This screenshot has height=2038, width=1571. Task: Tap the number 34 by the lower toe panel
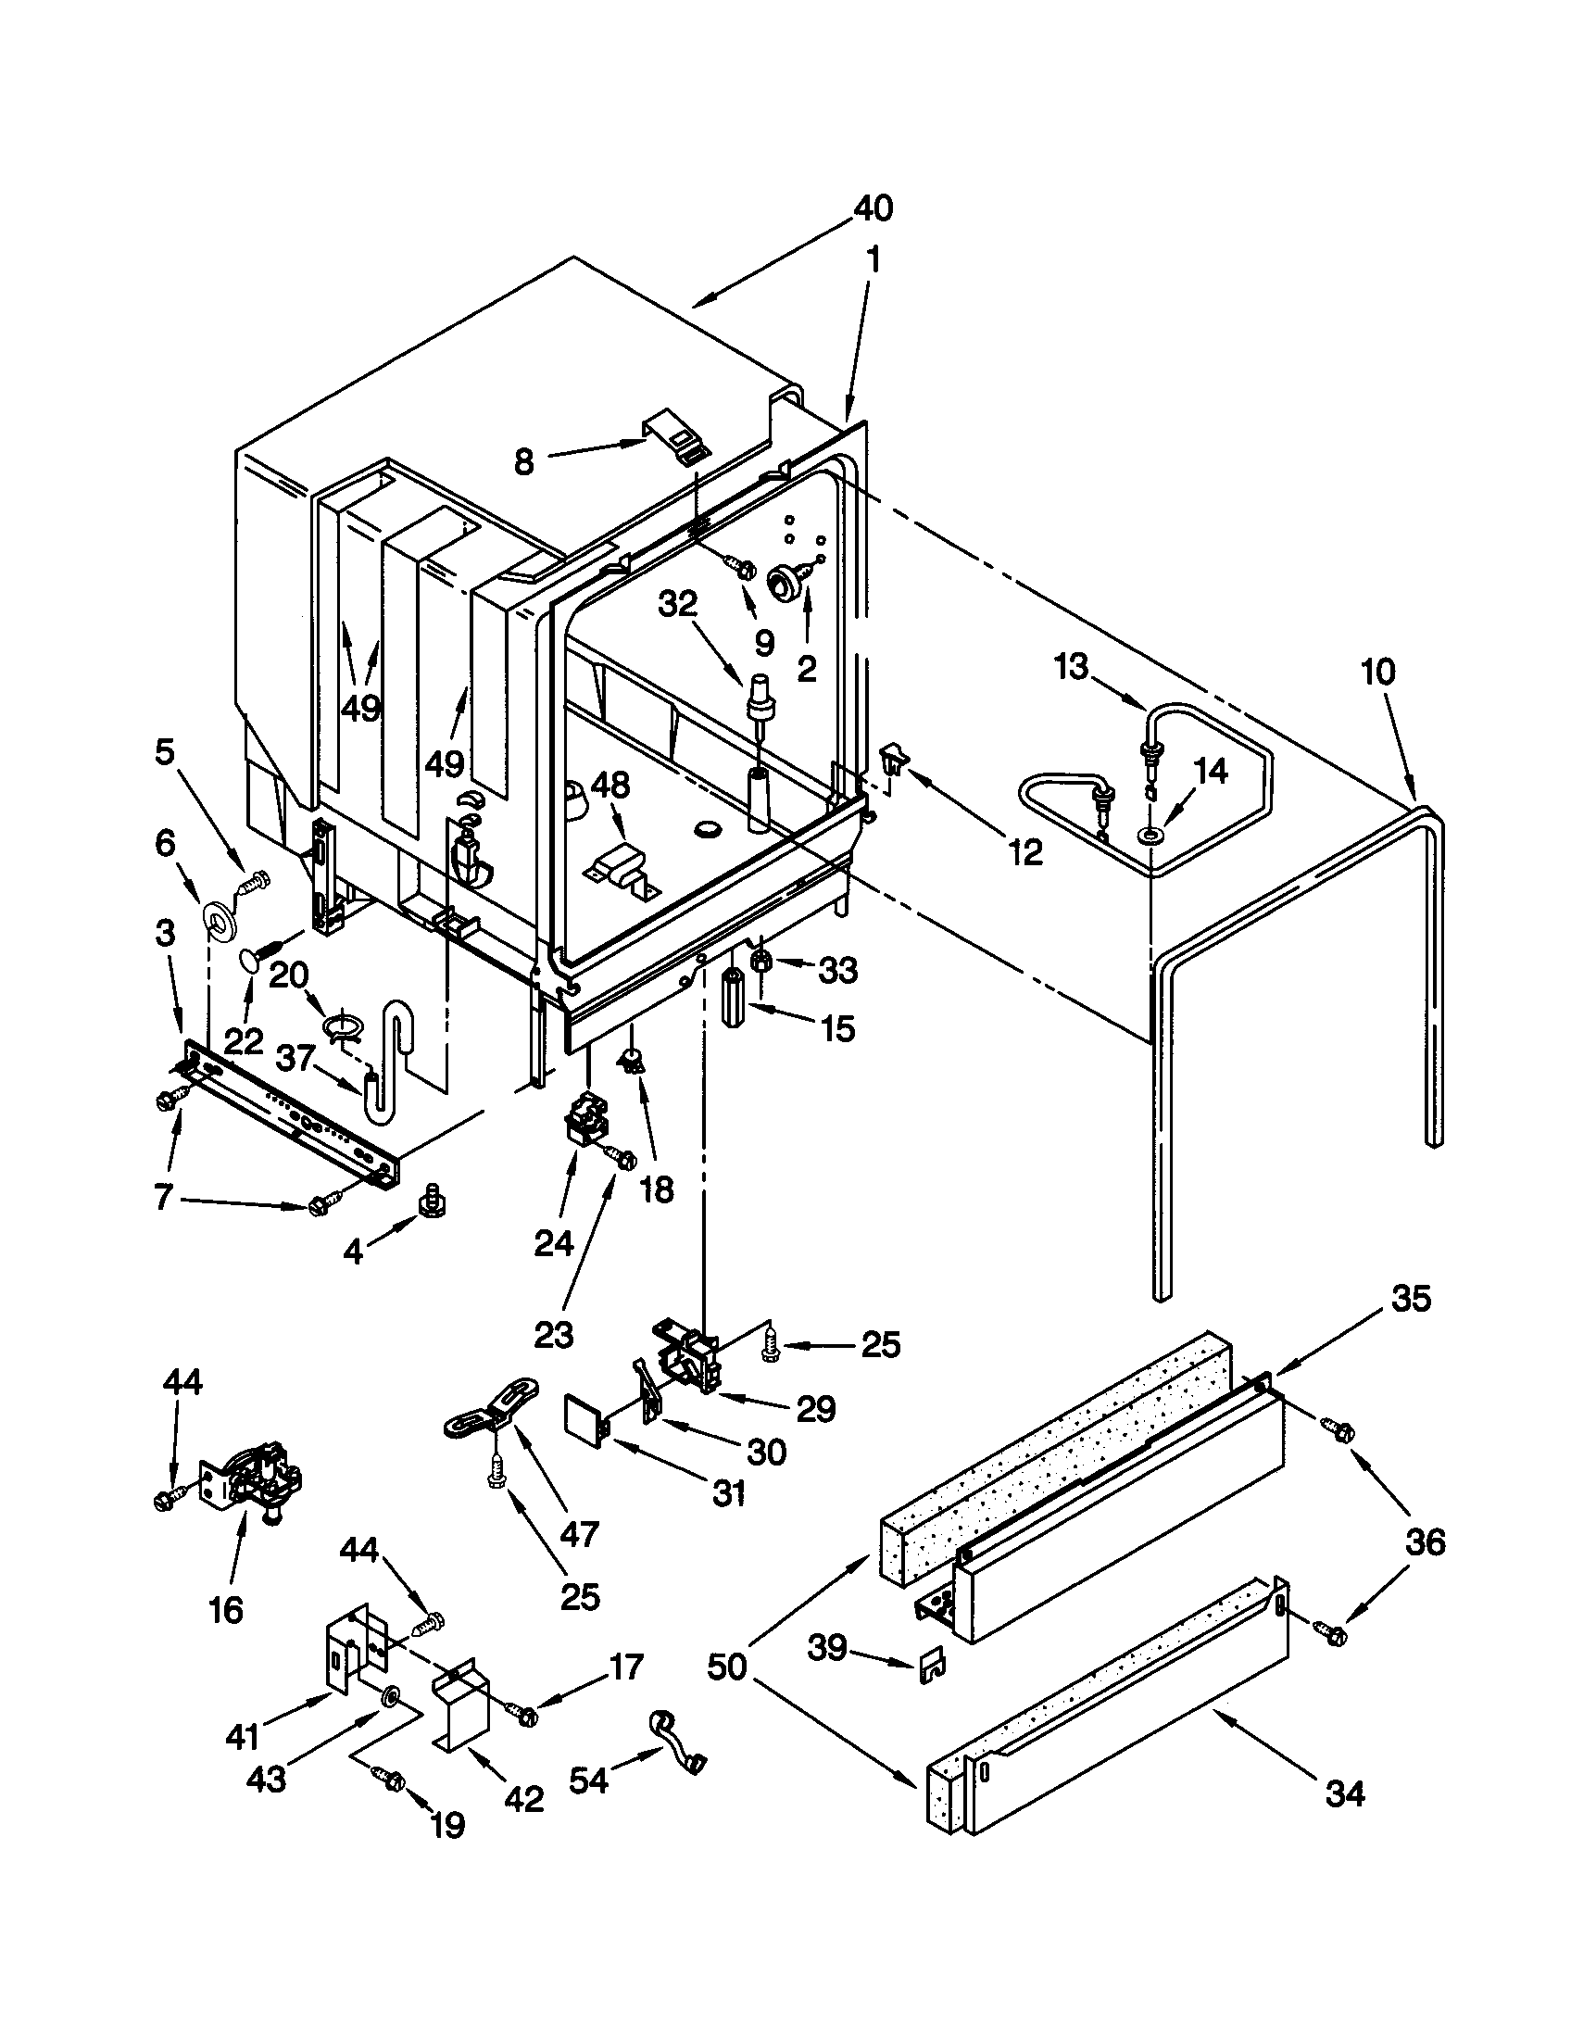click(1344, 1794)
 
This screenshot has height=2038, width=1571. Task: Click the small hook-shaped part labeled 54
click(676, 1739)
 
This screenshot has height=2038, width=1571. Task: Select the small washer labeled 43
click(389, 1692)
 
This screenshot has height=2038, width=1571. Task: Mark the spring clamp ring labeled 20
click(343, 1025)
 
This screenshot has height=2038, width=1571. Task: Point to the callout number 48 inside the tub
click(610, 785)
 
